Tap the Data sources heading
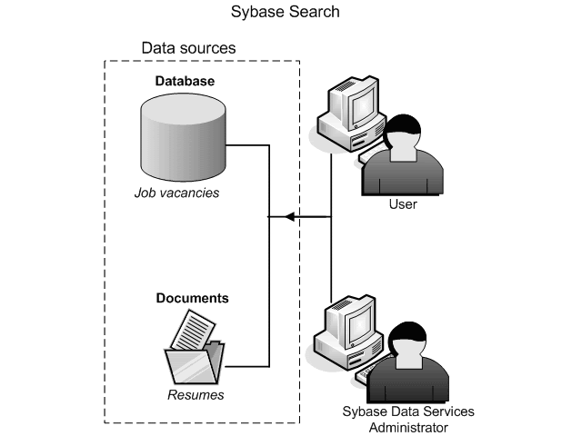(188, 47)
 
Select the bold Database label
(185, 81)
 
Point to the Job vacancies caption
(176, 193)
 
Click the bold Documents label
(192, 298)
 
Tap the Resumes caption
(196, 395)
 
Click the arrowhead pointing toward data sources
(289, 217)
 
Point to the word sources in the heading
(209, 47)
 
